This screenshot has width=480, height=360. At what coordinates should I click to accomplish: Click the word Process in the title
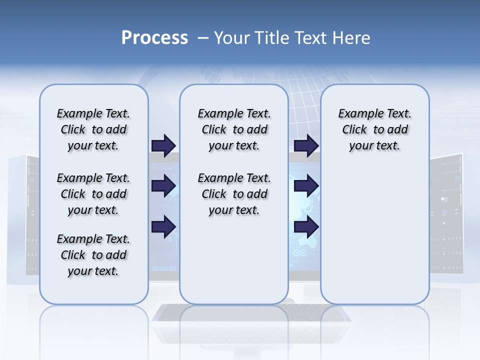154,38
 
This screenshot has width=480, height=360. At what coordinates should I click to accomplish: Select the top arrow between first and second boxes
163,145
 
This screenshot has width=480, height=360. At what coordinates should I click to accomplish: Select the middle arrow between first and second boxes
163,186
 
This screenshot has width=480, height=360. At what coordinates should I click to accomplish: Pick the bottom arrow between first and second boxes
163,226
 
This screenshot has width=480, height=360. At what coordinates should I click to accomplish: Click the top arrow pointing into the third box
306,145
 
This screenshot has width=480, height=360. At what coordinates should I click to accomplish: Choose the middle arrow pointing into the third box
306,186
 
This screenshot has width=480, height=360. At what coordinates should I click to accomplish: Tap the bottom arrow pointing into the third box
306,226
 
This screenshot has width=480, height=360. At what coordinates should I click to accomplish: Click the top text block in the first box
93,129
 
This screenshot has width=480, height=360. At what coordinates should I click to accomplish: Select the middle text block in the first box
93,194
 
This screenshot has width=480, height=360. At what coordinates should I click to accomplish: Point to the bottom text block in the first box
93,255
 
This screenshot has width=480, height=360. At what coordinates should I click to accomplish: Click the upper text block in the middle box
234,129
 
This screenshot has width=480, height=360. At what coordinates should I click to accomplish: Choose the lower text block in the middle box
234,194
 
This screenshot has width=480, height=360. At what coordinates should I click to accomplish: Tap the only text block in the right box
374,129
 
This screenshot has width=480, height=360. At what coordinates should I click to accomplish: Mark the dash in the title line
203,38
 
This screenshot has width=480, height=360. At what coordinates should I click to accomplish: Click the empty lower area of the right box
374,240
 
